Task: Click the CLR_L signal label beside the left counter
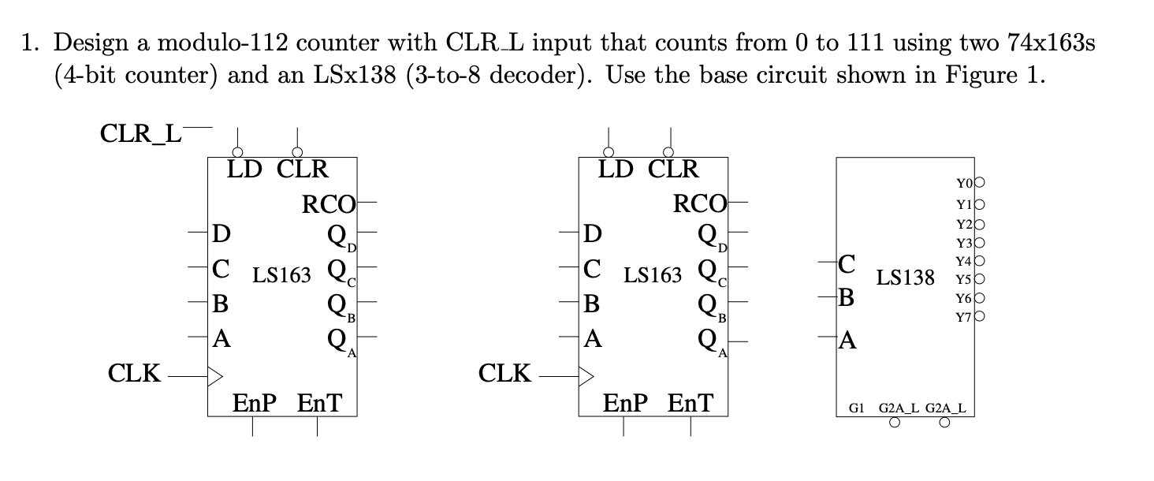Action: tap(140, 132)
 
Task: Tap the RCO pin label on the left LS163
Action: tap(329, 203)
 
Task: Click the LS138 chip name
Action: tap(905, 278)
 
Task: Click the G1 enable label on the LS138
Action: tap(856, 408)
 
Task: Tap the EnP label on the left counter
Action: tap(255, 404)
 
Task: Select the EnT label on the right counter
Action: tap(690, 404)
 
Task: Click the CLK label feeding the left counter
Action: tap(135, 373)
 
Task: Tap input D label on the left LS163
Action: tap(222, 234)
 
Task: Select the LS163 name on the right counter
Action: tap(653, 275)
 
